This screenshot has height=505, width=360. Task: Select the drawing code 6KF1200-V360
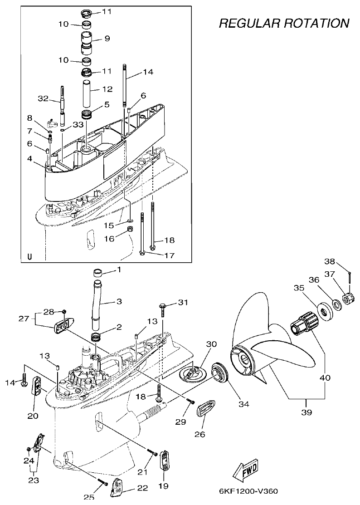pyautogui.click(x=248, y=491)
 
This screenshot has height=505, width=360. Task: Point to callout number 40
pyautogui.click(x=325, y=377)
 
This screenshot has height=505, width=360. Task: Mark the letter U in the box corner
pyautogui.click(x=30, y=256)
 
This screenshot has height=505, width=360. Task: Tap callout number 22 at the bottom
pyautogui.click(x=142, y=488)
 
